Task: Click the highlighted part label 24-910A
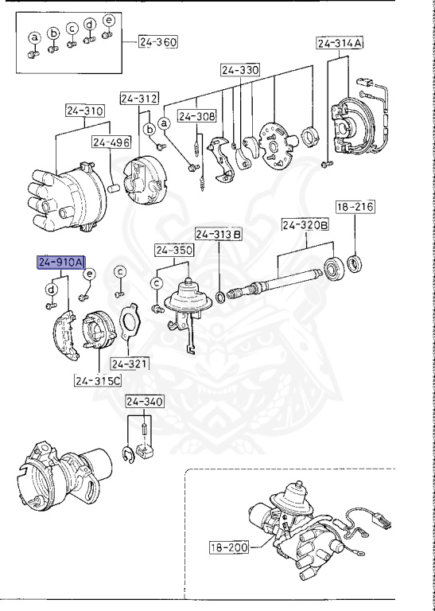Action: (60, 263)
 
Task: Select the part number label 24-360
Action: (157, 41)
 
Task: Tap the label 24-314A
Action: (340, 43)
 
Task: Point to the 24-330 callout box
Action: (240, 70)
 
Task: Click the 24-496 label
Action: (111, 142)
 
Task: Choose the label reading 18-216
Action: (355, 207)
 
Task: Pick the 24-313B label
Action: (219, 235)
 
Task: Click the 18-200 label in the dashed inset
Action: (229, 547)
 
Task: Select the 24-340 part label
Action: (145, 401)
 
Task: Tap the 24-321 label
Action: (130, 364)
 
